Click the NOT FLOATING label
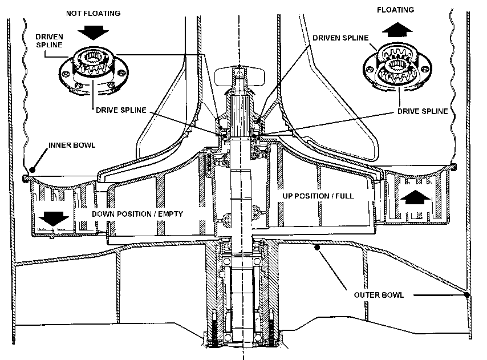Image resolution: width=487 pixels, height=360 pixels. pos(93,13)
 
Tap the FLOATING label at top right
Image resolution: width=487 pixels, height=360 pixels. pos(399,10)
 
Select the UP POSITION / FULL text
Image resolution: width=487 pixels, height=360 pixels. pos(318,195)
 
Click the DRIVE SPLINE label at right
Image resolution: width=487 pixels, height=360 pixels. pos(423,111)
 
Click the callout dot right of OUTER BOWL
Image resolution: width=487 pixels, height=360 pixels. pos(468,295)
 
